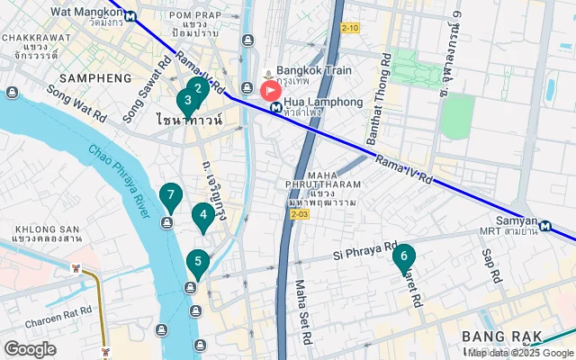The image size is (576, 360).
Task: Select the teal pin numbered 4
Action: (203, 215)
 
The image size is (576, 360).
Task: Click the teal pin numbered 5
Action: (198, 262)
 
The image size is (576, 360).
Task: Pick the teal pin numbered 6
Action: (404, 256)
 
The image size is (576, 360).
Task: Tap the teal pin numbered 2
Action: (198, 89)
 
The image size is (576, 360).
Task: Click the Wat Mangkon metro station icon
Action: (131, 15)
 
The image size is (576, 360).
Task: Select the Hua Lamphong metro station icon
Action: (275, 107)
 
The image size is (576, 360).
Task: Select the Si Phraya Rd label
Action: (364, 249)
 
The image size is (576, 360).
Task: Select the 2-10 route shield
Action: (350, 28)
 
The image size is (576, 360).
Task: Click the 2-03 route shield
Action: (300, 214)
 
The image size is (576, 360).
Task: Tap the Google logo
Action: (30, 349)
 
